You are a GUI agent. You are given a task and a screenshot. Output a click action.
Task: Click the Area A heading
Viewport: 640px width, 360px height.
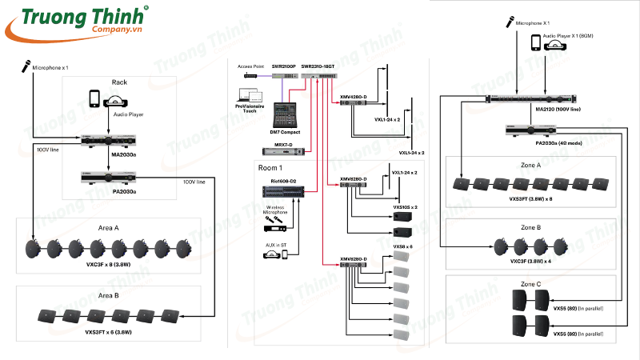click(109, 228)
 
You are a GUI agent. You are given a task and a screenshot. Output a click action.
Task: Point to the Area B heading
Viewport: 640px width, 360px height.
click(109, 296)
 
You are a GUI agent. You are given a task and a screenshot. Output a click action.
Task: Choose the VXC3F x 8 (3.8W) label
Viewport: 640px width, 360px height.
click(109, 264)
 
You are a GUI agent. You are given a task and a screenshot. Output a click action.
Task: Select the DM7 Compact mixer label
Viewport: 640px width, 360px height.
click(285, 132)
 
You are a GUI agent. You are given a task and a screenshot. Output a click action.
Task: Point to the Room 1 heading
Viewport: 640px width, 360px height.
click(270, 169)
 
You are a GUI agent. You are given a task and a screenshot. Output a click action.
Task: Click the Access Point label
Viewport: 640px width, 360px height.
click(250, 66)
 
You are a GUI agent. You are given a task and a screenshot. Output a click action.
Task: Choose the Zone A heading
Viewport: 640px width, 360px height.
click(530, 165)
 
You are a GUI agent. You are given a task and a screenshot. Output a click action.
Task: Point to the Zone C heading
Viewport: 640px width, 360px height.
click(530, 284)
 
